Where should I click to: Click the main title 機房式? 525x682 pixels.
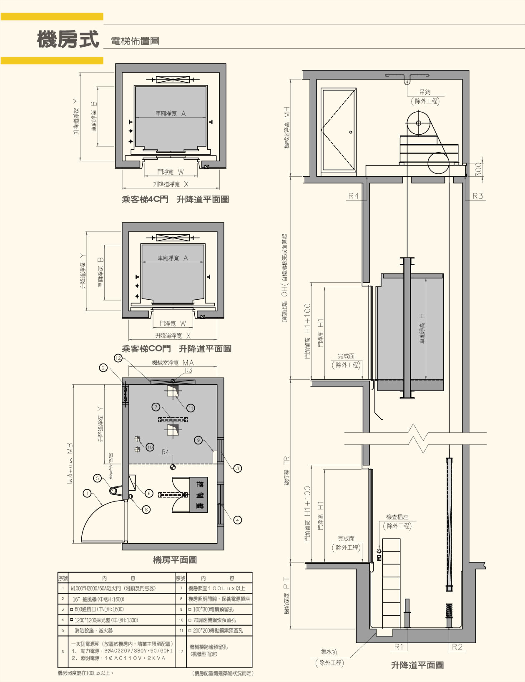(68, 40)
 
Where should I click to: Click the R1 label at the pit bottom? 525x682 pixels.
(399, 647)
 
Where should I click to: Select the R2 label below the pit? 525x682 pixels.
(457, 647)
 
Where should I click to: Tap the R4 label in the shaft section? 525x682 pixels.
(354, 196)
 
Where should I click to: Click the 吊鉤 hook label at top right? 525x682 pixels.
(425, 92)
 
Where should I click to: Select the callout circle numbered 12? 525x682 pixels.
(118, 358)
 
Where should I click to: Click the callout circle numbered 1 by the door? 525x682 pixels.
(87, 493)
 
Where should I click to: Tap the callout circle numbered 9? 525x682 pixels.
(199, 440)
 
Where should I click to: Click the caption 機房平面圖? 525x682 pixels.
(175, 560)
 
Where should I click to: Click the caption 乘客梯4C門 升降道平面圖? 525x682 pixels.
(175, 199)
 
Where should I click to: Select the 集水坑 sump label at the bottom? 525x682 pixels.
(329, 652)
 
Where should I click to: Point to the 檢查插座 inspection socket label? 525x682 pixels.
(397, 517)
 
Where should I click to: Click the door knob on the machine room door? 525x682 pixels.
(351, 132)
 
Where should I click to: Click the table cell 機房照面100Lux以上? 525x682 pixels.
(216, 588)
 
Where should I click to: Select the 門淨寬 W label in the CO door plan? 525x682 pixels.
(173, 323)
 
